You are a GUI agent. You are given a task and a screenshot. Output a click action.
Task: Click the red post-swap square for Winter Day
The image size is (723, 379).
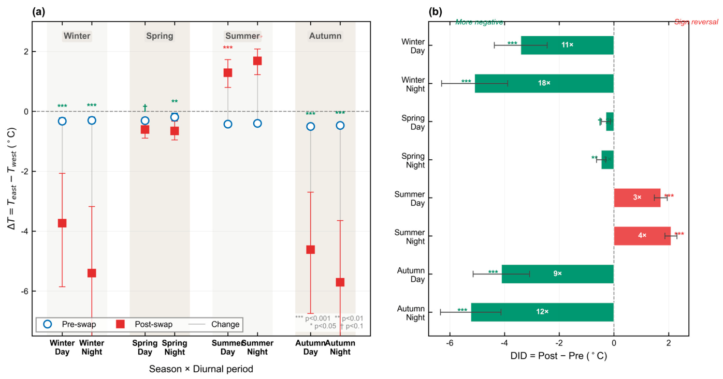[62, 223]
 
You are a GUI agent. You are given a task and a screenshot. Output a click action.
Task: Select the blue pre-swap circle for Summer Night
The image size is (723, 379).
[257, 124]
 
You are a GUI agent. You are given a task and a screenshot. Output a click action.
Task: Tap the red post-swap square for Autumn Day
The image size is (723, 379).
[311, 249]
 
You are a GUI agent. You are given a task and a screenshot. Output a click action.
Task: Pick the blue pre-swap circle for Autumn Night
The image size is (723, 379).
[340, 125]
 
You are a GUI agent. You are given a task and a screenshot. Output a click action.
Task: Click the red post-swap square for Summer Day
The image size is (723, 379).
[228, 72]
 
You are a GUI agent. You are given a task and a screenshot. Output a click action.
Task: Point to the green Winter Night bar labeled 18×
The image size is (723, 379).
[544, 83]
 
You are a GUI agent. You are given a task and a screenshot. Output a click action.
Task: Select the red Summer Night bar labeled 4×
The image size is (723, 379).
[642, 236]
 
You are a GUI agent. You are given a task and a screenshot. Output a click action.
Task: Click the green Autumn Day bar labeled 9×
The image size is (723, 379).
[558, 274]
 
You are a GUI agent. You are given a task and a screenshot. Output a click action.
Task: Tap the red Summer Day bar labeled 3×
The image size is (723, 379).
[637, 198]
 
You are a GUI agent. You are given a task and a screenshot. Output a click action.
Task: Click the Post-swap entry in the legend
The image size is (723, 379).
[144, 324]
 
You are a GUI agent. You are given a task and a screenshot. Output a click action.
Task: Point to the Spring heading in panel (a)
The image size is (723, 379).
[160, 36]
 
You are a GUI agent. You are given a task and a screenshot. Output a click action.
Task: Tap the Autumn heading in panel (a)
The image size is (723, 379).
[325, 36]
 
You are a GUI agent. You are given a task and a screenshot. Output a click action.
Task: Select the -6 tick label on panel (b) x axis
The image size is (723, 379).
[450, 343]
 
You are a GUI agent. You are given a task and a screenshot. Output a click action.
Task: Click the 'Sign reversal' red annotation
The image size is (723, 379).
[696, 22]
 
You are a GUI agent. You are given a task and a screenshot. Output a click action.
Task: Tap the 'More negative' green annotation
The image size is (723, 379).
[479, 22]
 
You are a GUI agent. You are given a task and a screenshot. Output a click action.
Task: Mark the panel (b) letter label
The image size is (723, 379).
[436, 12]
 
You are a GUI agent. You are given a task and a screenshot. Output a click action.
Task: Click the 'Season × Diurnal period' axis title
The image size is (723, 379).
[201, 369]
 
